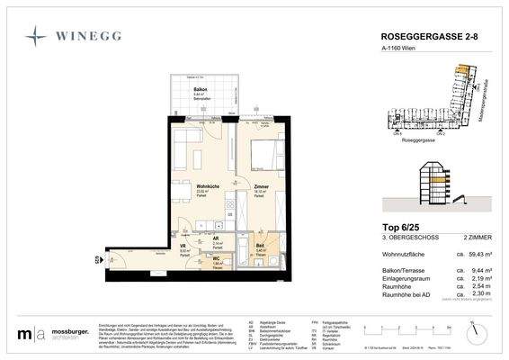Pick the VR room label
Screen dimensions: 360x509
(x=183, y=246)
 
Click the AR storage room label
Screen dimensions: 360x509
(x=217, y=238)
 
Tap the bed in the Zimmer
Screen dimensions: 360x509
(x=267, y=154)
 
